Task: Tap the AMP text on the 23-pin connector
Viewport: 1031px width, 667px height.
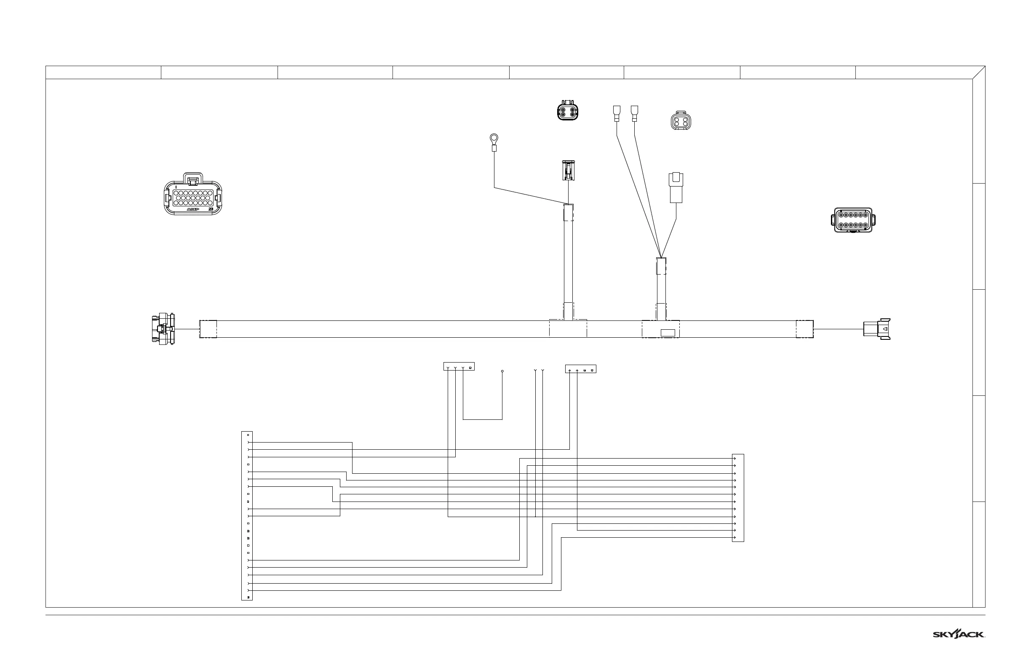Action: (193, 209)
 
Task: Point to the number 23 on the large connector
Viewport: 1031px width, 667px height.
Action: (211, 209)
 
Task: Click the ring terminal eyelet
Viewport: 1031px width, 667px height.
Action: (494, 139)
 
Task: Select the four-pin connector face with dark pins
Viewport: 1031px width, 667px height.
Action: (567, 110)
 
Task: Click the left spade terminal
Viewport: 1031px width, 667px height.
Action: (617, 113)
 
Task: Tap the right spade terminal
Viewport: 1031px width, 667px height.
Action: (635, 113)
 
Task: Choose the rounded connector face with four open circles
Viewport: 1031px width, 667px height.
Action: (681, 120)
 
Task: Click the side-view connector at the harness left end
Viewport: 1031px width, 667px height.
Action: (163, 329)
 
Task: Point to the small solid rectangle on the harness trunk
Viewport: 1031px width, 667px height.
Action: (668, 333)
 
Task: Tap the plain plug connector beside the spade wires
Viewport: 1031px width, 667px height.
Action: (676, 187)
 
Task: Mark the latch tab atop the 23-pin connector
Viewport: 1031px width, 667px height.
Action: (193, 179)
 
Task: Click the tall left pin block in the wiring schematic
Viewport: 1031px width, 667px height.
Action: (247, 516)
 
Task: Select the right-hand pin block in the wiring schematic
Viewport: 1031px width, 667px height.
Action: (738, 498)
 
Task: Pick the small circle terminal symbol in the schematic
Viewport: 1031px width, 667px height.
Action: (502, 371)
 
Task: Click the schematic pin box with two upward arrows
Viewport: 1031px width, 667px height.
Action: (580, 369)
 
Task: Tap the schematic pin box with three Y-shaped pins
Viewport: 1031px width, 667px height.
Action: (459, 366)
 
